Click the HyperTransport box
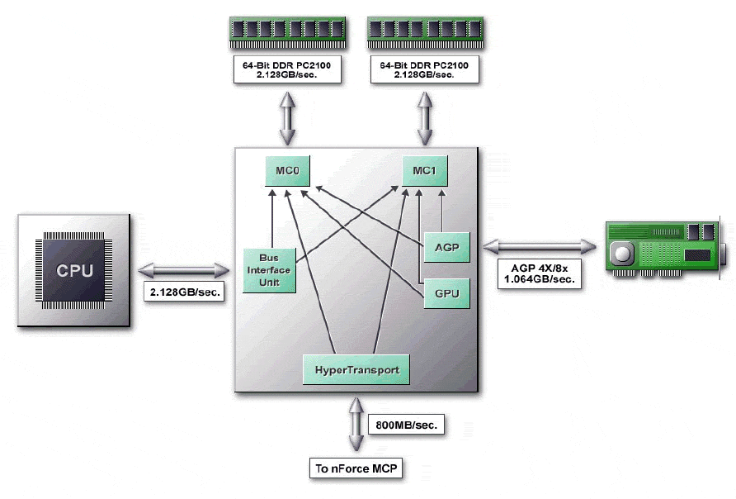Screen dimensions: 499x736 point(356,369)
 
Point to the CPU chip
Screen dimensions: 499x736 point(74,271)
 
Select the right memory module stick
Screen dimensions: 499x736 point(424,30)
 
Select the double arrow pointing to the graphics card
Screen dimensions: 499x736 point(540,245)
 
